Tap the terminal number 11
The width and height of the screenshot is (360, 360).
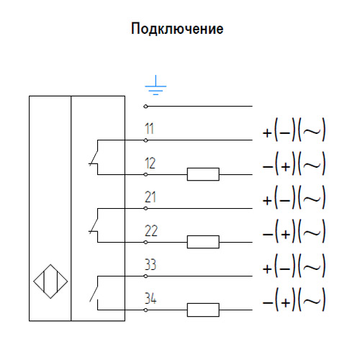pyautogui.click(x=150, y=130)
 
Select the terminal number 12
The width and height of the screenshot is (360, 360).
pyautogui.click(x=150, y=163)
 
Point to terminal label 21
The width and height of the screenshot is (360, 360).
pyautogui.click(x=150, y=197)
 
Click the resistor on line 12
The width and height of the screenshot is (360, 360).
pyautogui.click(x=202, y=174)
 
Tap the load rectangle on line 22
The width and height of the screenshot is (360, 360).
pyautogui.click(x=202, y=242)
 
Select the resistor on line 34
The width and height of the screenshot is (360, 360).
pyautogui.click(x=202, y=310)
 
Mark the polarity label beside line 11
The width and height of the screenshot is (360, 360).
pyautogui.click(x=294, y=131)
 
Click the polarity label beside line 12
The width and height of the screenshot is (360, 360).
pyautogui.click(x=294, y=165)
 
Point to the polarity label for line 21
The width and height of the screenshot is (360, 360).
pyautogui.click(x=294, y=199)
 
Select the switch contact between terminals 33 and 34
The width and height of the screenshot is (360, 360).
pyautogui.click(x=94, y=292)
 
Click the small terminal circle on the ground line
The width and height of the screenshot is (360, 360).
pyautogui.click(x=145, y=106)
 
